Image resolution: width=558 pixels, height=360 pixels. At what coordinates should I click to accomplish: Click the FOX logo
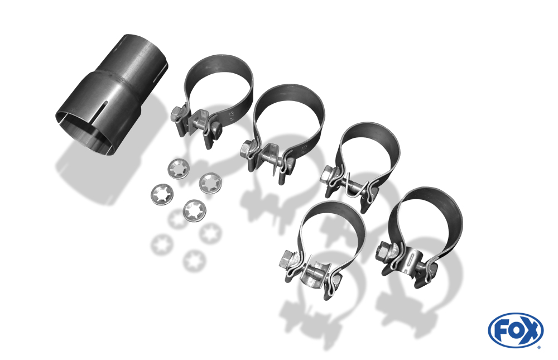[516, 330]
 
